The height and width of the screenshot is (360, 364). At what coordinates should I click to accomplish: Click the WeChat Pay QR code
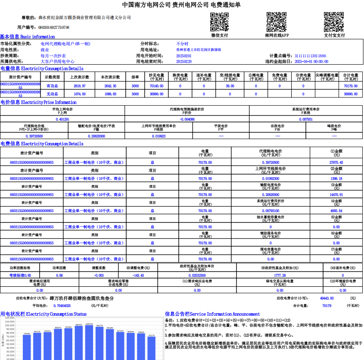(x=219, y=22)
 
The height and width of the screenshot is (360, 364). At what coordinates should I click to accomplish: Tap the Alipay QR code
(x=334, y=22)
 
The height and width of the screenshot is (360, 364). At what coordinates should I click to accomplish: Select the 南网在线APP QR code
(x=276, y=22)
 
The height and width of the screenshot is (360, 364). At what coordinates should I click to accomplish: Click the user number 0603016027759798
(x=54, y=27)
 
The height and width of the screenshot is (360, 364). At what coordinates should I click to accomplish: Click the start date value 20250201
(x=184, y=56)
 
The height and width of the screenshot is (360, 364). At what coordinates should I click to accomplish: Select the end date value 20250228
(x=184, y=62)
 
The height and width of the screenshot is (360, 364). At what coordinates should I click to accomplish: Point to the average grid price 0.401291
(x=63, y=119)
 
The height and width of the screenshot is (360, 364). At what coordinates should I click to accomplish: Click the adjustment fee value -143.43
(x=138, y=275)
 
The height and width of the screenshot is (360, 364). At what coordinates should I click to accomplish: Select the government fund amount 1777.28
(x=280, y=275)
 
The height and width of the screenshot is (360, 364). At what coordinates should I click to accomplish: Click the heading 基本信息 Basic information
(x=28, y=37)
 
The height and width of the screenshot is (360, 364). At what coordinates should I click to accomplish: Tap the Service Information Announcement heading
(x=212, y=314)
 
